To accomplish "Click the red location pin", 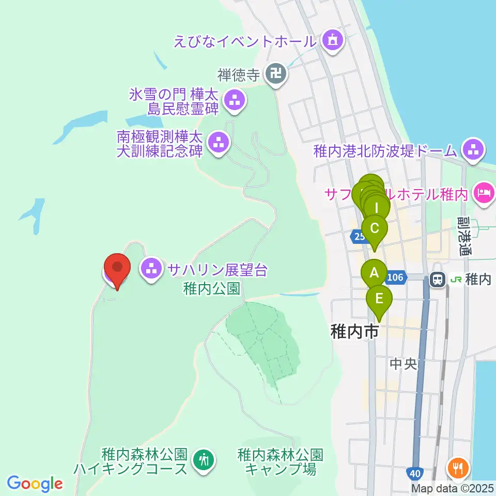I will pyautogui.click(x=117, y=268).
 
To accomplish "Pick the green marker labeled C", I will pyautogui.click(x=375, y=229).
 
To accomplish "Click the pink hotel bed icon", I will pyautogui.click(x=484, y=194).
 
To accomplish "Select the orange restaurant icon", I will pyautogui.click(x=458, y=468).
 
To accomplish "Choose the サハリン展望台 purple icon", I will pyautogui.click(x=151, y=269).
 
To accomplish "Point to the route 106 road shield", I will pyautogui.click(x=395, y=277).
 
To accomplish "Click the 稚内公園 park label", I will pyautogui.click(x=212, y=288).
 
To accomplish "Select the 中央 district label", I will pyautogui.click(x=403, y=364).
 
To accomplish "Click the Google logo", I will pyautogui.click(x=35, y=484).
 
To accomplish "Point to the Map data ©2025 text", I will pyautogui.click(x=453, y=488).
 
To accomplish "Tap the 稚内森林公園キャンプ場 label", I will pyautogui.click(x=281, y=462).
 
